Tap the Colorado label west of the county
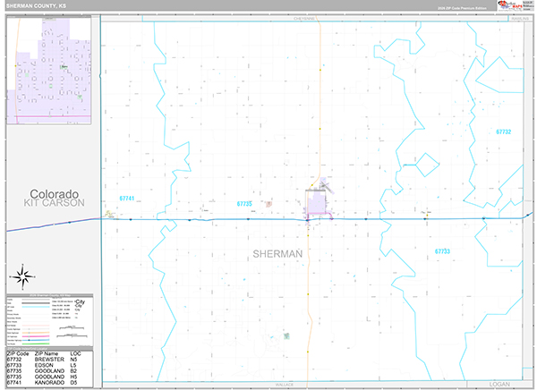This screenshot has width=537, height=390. point(54,194)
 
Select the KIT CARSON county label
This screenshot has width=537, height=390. point(54,204)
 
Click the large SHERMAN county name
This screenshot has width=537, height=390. point(277,254)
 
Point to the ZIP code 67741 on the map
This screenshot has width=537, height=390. point(126,199)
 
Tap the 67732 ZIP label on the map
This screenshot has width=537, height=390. point(503,131)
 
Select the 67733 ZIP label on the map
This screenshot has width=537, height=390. point(441,251)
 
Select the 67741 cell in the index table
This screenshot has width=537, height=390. point(16,384)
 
